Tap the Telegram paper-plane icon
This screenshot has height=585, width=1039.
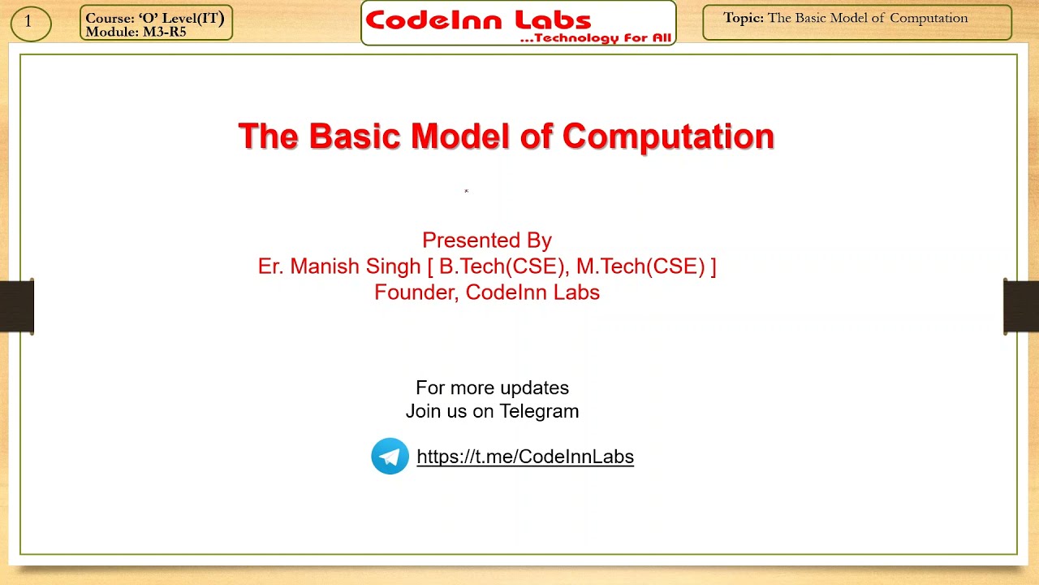tap(390, 456)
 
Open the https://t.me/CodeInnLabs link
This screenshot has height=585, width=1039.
tap(524, 457)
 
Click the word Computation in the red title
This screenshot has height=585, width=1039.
tap(668, 136)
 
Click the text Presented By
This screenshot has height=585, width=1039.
tap(486, 240)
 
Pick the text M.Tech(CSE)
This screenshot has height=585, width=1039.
tap(640, 266)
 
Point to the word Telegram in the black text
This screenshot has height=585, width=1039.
tap(539, 411)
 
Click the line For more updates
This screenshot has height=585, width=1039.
tap(492, 388)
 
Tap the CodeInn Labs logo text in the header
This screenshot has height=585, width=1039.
tap(478, 19)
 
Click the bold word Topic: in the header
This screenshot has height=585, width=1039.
tap(744, 18)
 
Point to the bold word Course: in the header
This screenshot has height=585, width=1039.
tap(110, 19)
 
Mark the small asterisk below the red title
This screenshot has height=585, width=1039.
tap(466, 192)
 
